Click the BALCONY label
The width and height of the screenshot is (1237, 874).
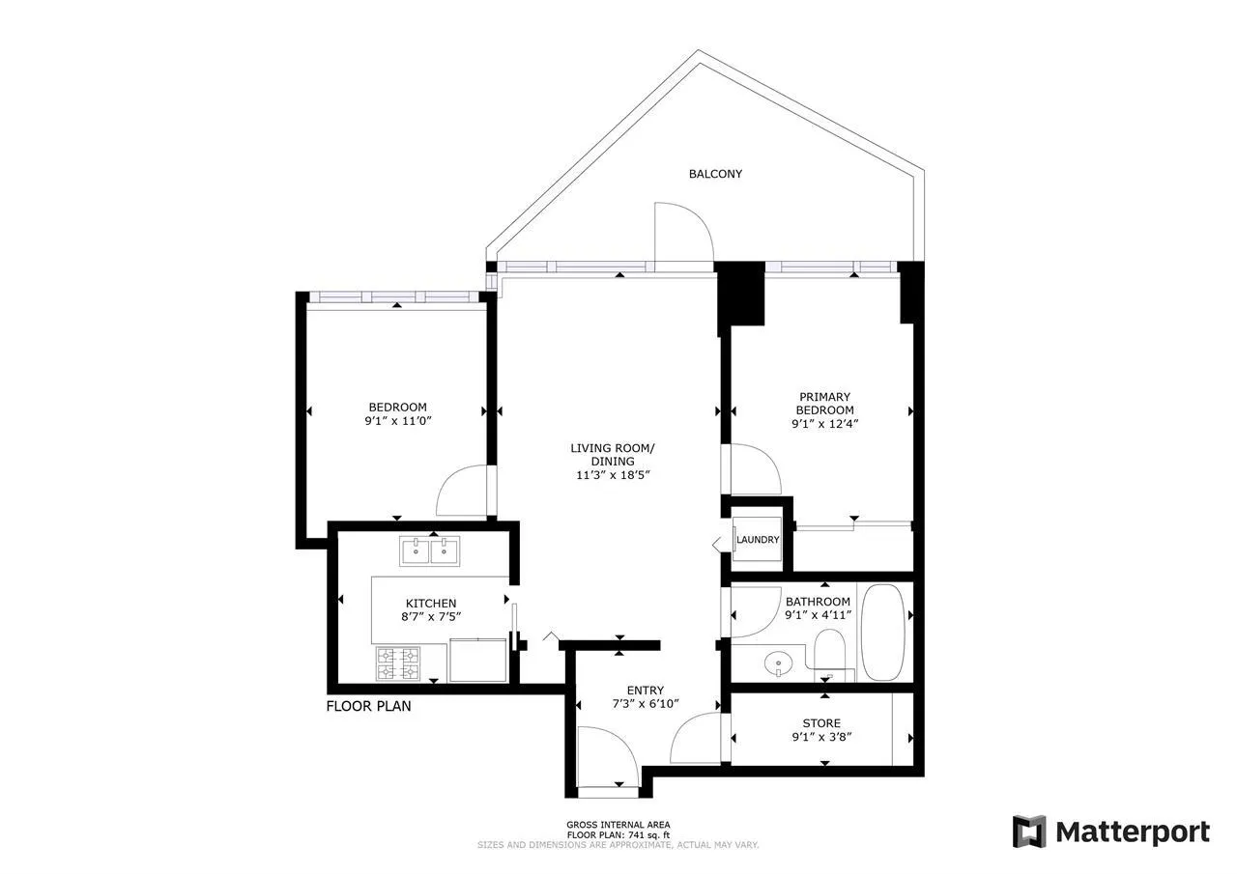[x=715, y=174]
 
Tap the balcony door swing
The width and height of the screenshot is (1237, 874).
[x=682, y=233]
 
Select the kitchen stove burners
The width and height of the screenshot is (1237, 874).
[x=398, y=663]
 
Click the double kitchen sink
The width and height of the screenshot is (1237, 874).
[x=430, y=551]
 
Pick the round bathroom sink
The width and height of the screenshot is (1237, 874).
[x=777, y=664]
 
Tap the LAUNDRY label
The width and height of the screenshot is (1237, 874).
[x=758, y=540]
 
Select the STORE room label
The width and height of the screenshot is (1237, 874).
[x=821, y=723]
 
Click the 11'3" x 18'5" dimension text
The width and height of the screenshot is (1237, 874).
[x=613, y=475]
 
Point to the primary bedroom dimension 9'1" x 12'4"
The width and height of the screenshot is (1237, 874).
[x=824, y=423]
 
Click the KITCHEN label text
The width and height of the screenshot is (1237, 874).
[x=431, y=604]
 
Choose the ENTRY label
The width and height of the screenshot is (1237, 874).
[x=645, y=690]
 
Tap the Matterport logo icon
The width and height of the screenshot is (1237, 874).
[x=1029, y=832]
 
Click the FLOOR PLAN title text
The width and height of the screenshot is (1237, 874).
[x=368, y=706]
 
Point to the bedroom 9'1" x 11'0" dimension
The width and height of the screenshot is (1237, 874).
[x=397, y=421]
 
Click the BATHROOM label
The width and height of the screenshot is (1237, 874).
[x=818, y=602]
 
